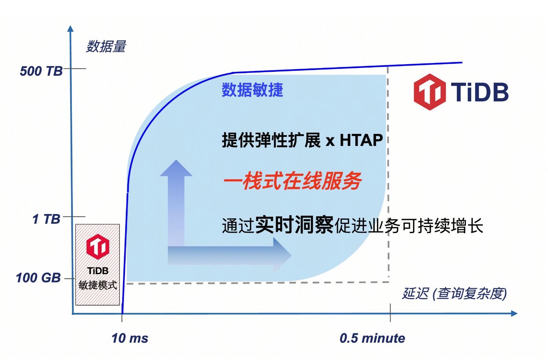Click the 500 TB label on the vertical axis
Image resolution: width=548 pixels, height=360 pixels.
coord(41,71)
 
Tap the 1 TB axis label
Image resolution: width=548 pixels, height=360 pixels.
coord(46,219)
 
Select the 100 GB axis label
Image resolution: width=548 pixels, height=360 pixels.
coord(38,278)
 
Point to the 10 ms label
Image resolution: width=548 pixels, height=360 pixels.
coord(130,339)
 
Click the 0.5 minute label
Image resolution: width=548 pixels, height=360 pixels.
coord(372,338)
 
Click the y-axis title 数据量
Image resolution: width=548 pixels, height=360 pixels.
coord(106,46)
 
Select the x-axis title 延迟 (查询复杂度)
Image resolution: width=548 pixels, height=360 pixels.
coord(454,294)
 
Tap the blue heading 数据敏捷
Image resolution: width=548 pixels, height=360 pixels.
coord(252,90)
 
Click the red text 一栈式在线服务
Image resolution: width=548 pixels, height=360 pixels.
coord(292,181)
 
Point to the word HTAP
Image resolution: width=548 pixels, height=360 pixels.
coord(361,140)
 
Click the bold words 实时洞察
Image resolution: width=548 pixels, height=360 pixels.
coord(294,225)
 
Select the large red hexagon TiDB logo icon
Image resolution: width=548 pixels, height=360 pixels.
coord(429,92)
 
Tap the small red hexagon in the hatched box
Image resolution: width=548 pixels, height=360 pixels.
coord(98,246)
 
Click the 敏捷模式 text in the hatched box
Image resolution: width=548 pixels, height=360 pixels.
coord(98,285)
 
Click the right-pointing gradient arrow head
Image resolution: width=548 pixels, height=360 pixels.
coord(282,255)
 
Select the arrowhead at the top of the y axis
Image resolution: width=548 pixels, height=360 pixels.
coord(70,28)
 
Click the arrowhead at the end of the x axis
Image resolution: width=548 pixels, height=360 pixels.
coord(514,314)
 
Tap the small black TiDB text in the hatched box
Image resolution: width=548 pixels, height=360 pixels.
coord(98,271)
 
